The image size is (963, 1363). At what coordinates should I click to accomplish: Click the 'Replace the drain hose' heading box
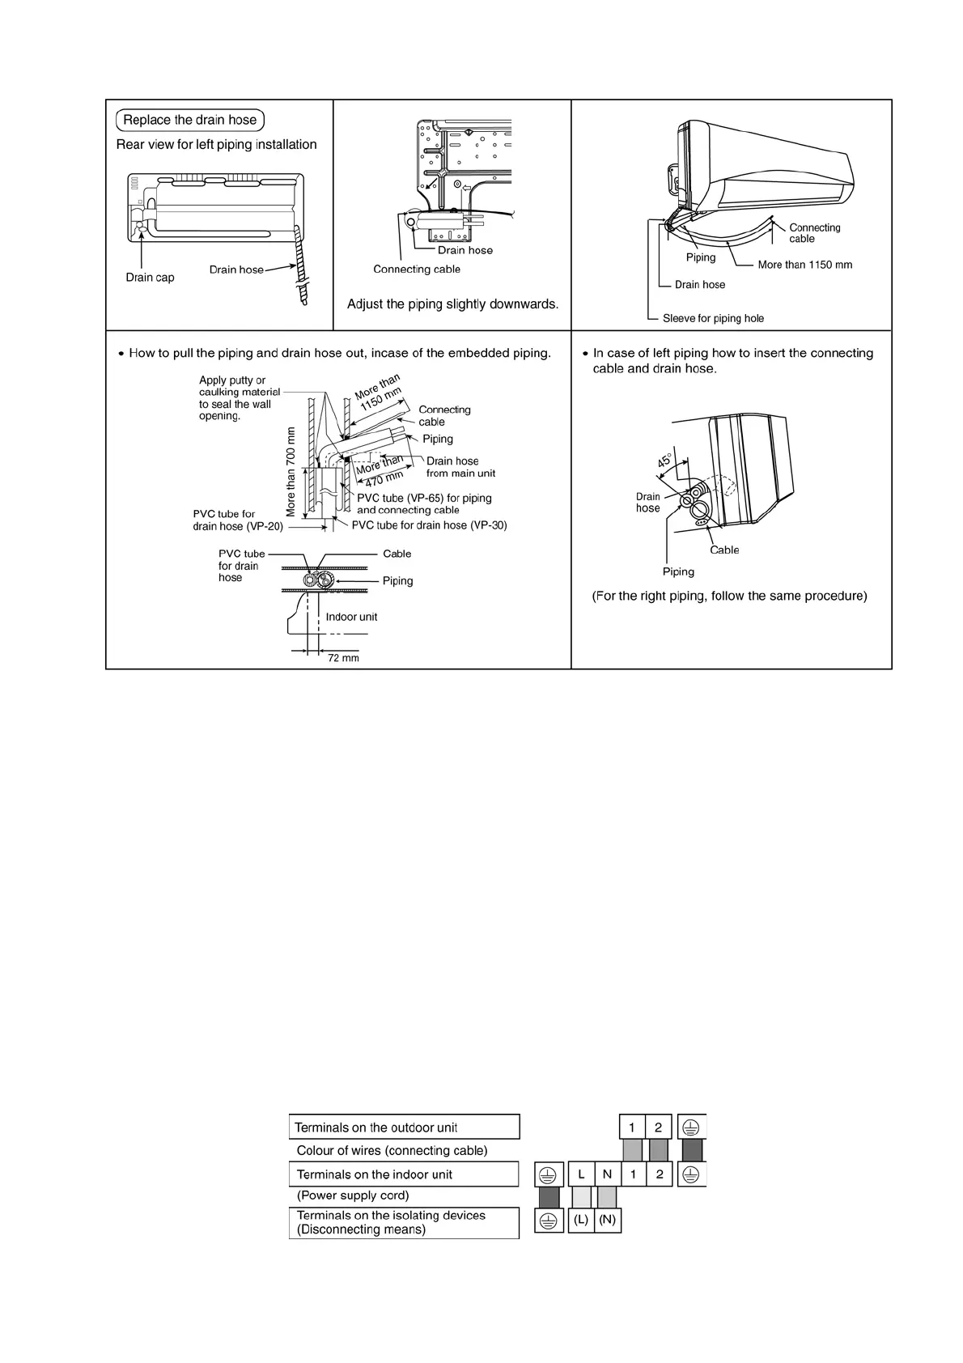[190, 121]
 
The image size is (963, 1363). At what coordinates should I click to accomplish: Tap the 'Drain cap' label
[150, 278]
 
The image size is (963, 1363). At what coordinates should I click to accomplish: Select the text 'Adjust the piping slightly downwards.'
[452, 304]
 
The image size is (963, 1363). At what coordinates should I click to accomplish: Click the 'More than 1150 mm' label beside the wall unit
[804, 265]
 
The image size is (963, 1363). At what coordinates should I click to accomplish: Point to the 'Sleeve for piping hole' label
[713, 318]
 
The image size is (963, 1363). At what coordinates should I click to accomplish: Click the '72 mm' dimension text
[343, 658]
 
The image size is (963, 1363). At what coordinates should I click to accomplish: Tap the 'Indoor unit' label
[351, 617]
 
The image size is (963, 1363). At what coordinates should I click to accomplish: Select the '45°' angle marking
[664, 461]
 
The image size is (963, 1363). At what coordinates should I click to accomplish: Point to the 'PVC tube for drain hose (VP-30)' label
[429, 525]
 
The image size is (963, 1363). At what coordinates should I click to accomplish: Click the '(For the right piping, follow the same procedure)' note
[729, 596]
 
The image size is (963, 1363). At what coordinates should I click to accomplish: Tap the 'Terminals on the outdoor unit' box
[404, 1127]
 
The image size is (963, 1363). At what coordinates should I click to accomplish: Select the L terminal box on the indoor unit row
[581, 1174]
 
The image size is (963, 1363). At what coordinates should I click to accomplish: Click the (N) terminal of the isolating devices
[608, 1221]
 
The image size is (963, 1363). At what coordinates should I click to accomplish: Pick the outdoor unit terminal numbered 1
[632, 1127]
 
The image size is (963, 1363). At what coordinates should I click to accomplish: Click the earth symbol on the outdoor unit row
[692, 1127]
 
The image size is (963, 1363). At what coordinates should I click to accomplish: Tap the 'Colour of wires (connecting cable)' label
[392, 1150]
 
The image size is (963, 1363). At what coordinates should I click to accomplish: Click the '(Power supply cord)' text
[353, 1195]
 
